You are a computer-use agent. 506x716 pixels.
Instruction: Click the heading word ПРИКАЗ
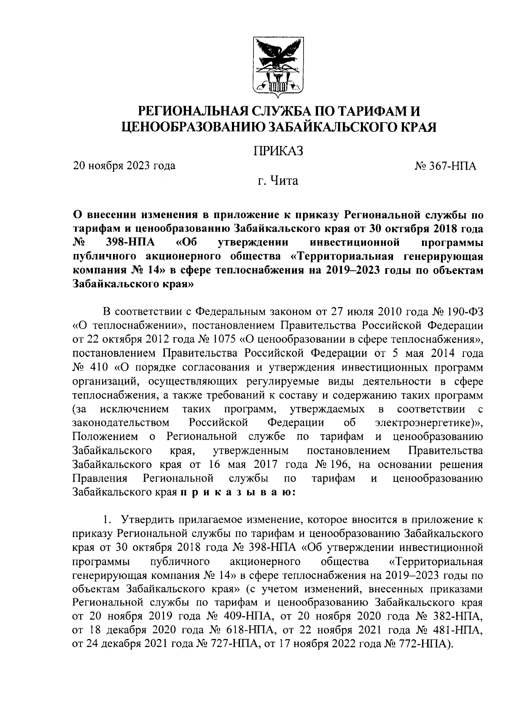pos(278,151)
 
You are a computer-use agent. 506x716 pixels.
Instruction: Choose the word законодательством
pos(121,422)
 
